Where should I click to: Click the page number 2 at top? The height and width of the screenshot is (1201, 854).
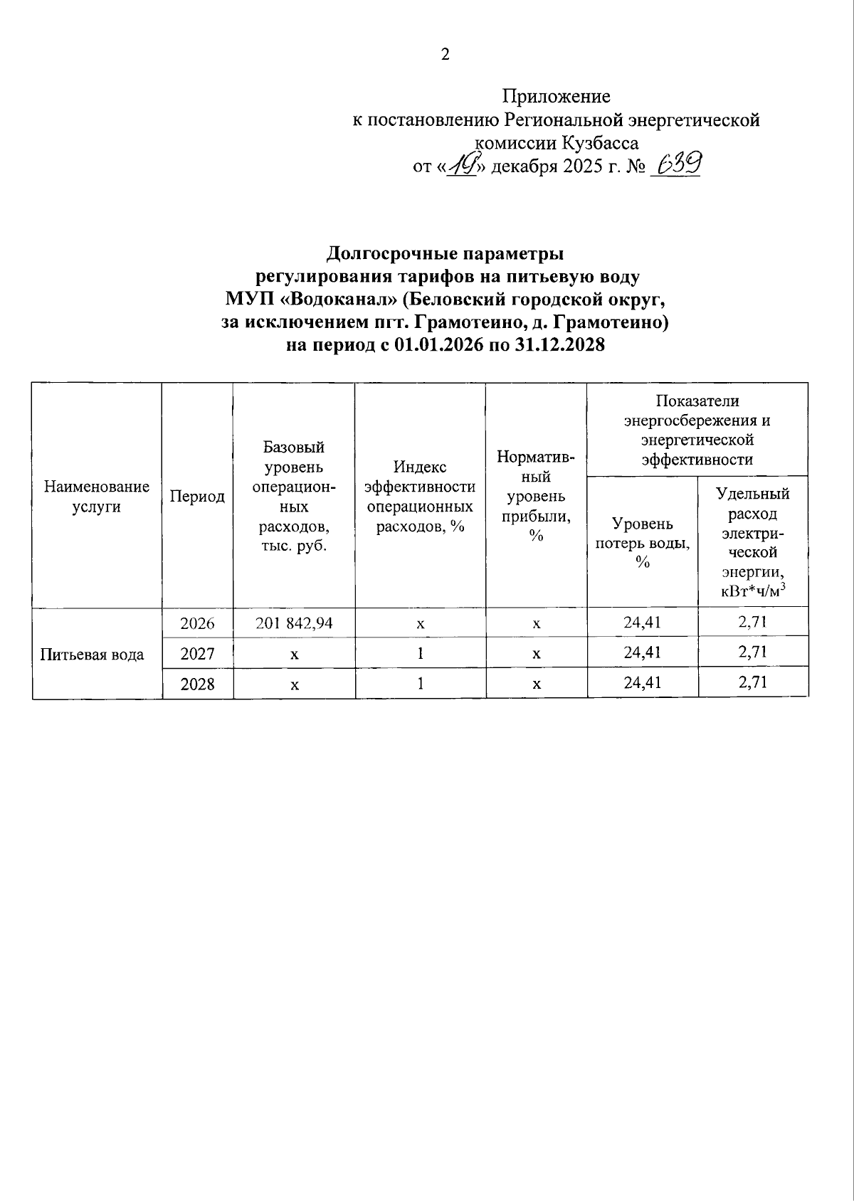tap(446, 55)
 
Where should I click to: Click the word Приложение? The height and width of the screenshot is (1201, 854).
tap(557, 96)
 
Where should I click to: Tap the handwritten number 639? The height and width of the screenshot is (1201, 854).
tap(677, 165)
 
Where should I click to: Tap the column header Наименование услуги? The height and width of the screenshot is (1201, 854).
tap(97, 497)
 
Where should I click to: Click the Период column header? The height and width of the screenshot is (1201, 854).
tap(197, 497)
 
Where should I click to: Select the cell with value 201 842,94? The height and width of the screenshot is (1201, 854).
tap(294, 623)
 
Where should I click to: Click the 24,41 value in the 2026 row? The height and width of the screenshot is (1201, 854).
tap(642, 623)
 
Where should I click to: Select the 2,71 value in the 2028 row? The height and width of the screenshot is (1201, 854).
tap(752, 683)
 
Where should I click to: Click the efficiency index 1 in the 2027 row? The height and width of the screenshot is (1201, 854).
tap(421, 653)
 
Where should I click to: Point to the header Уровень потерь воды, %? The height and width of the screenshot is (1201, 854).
tap(642, 542)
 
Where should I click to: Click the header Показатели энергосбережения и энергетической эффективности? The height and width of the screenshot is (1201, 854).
tap(697, 430)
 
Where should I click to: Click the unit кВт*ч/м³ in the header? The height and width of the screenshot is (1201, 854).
tap(753, 591)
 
